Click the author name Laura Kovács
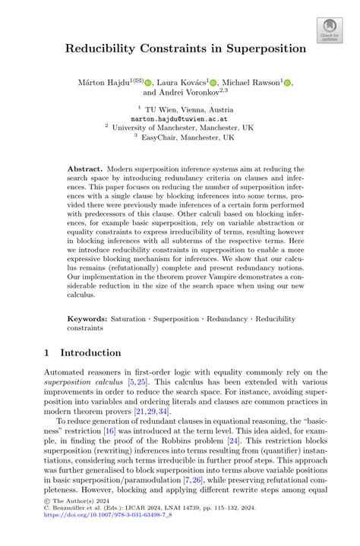point(182,82)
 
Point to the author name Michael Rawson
point(254,82)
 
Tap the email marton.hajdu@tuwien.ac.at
point(180,118)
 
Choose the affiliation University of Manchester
point(180,128)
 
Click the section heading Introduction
point(90,352)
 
